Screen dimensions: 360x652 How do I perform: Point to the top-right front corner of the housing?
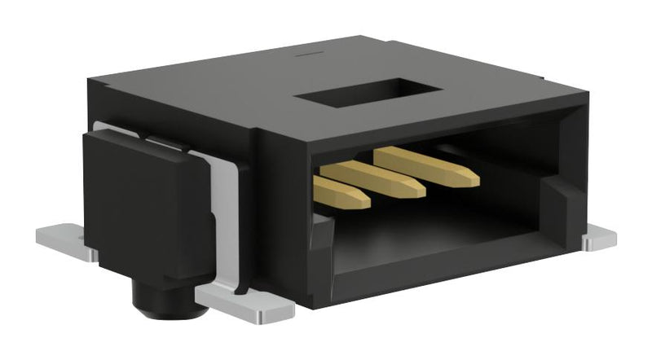point(586,99)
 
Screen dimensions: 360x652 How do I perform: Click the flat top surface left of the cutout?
point(204,90)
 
